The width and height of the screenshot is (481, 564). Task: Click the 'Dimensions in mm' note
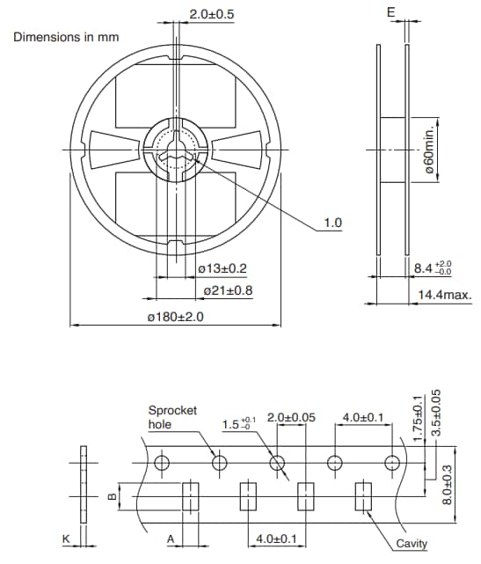click(66, 37)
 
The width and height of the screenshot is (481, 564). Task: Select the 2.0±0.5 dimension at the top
click(211, 14)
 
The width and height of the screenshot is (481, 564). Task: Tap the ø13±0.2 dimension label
click(222, 268)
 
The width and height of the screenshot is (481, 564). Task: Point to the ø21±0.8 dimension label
click(228, 289)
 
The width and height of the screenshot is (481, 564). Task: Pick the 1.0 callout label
click(333, 223)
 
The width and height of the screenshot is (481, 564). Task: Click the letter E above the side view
click(391, 11)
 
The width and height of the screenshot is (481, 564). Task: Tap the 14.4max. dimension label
click(444, 296)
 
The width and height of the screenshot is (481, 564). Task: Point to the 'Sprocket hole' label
click(172, 417)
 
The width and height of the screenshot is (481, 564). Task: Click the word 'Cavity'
click(412, 544)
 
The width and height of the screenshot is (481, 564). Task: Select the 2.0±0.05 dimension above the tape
click(290, 416)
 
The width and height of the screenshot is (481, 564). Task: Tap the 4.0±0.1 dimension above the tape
click(361, 416)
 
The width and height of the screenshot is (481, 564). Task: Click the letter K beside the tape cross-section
click(65, 538)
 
